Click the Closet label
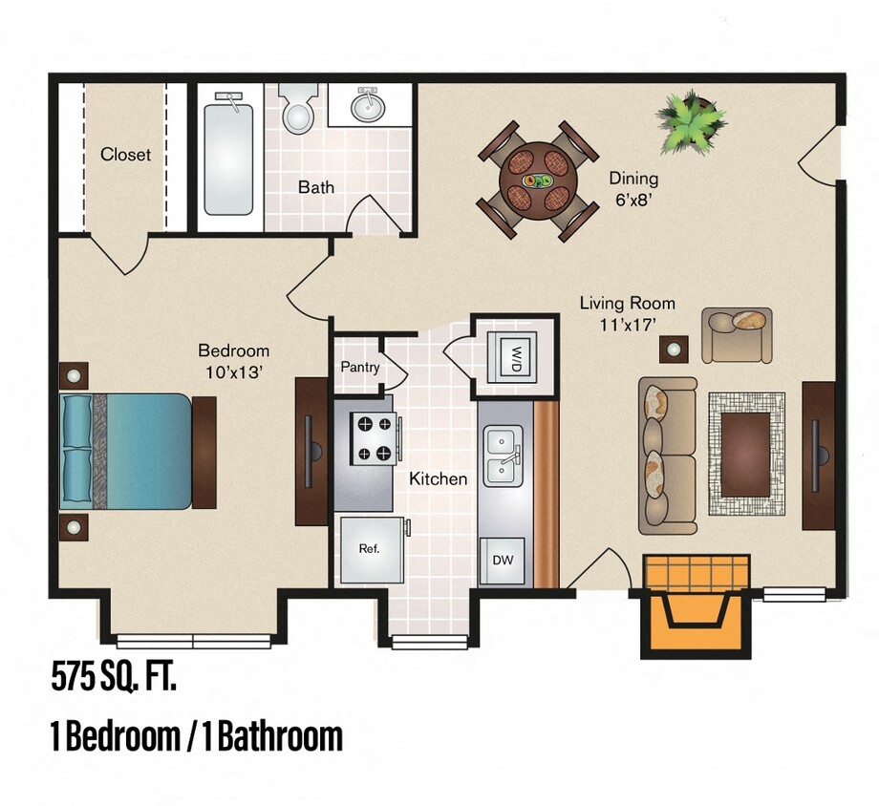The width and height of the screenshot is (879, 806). pyautogui.click(x=125, y=154)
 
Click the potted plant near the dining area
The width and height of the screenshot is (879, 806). pyautogui.click(x=689, y=120)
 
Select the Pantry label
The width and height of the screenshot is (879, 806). pyautogui.click(x=359, y=367)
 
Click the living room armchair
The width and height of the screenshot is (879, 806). pyautogui.click(x=736, y=333)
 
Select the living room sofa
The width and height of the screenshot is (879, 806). pyautogui.click(x=667, y=455)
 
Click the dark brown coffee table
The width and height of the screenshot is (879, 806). pyautogui.click(x=745, y=455)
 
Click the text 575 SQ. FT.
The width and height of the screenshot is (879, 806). pyautogui.click(x=114, y=679)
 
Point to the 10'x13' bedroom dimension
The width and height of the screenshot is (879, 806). pyautogui.click(x=233, y=371)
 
